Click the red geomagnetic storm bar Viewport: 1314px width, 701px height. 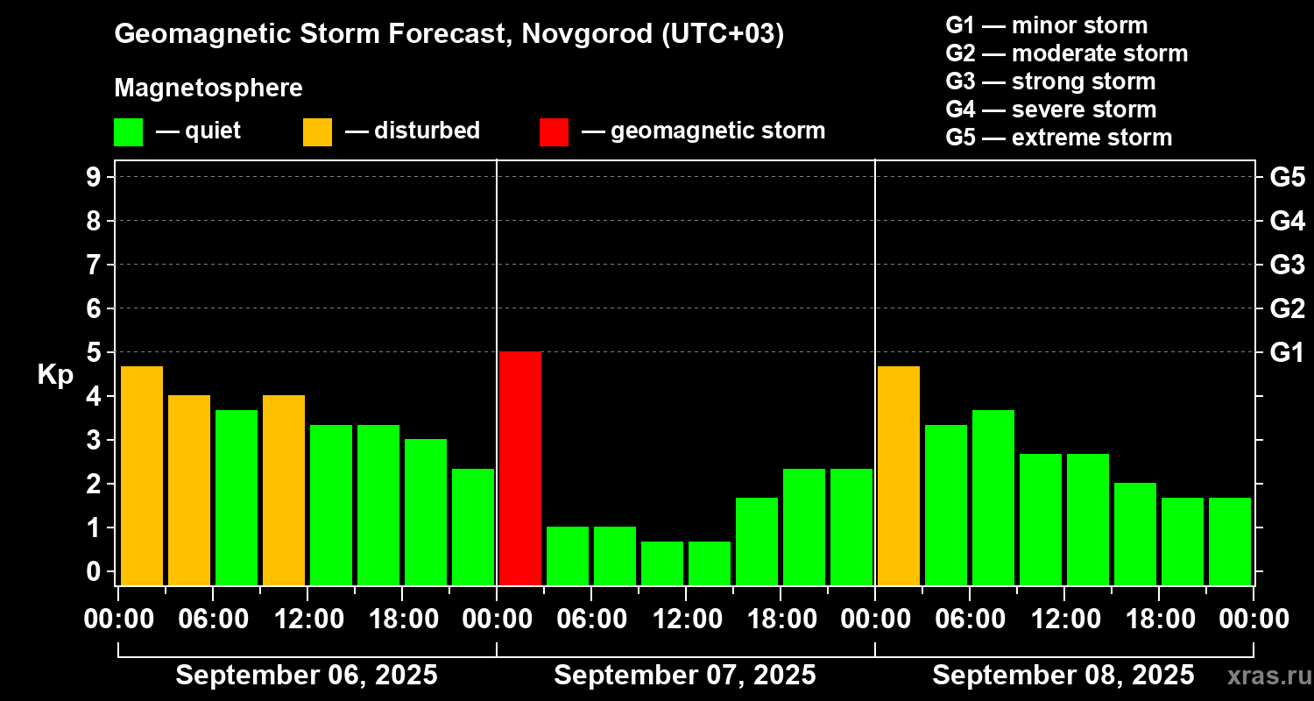point(520,468)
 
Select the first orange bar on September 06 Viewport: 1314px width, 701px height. point(142,475)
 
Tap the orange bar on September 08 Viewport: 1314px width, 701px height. point(899,475)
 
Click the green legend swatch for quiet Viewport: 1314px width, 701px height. point(128,131)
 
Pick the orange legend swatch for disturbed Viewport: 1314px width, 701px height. point(317,131)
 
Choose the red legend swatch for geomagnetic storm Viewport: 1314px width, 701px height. point(554,131)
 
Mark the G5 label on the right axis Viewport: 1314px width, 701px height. point(1287,178)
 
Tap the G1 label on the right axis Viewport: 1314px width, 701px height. point(1287,353)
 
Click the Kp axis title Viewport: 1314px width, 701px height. point(55,375)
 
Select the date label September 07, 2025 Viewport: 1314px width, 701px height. point(685,676)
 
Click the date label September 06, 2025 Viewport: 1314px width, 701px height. point(307,676)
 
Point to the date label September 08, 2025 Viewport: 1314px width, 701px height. point(1063,676)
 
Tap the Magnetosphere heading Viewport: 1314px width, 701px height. point(208,89)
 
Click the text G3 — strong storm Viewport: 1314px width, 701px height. point(1050,81)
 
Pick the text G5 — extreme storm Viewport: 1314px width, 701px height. point(1058,138)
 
